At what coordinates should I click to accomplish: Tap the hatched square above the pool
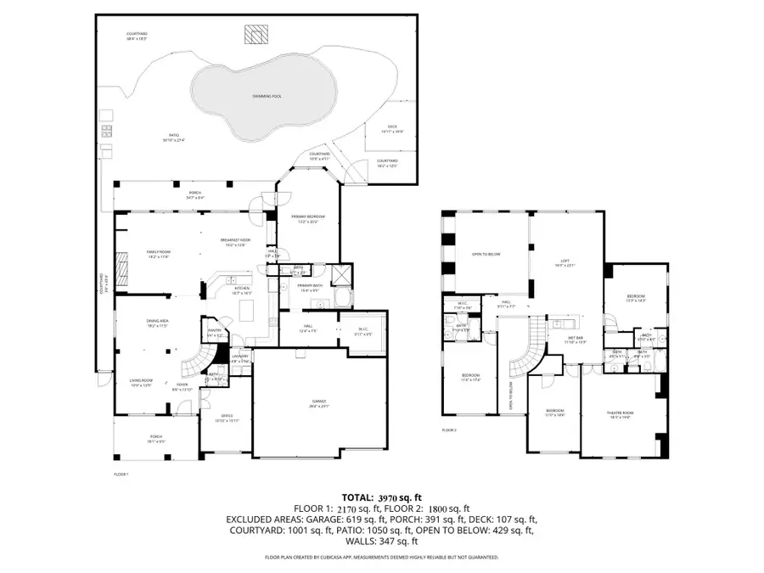click(x=255, y=34)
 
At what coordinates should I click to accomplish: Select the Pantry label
click(x=214, y=334)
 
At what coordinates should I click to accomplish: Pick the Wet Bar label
click(x=575, y=337)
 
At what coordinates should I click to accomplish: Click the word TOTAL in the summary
click(x=356, y=497)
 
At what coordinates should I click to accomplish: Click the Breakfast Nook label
click(x=234, y=241)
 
